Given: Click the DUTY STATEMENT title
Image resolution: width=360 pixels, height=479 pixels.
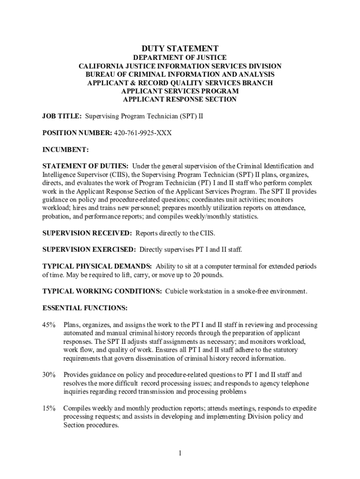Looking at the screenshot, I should (x=180, y=48).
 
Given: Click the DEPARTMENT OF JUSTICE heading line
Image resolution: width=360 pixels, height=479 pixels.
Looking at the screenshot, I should (x=180, y=58).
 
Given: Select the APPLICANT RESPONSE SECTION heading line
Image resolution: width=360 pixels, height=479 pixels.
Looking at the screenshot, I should (x=180, y=100).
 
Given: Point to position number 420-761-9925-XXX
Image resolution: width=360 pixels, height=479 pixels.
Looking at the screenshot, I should (x=143, y=133).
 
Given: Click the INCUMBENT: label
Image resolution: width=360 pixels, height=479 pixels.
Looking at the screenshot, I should (x=65, y=150).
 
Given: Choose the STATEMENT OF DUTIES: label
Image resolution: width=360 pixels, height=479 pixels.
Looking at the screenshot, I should (x=86, y=166).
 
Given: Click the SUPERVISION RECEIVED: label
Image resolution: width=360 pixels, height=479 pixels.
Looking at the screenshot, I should (x=87, y=233).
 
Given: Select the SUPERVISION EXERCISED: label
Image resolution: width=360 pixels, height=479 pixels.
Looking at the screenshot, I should (x=89, y=249).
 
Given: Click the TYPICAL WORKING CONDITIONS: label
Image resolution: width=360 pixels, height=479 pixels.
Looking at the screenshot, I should (x=102, y=291).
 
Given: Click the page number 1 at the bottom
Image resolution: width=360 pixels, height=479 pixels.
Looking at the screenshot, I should (x=180, y=453).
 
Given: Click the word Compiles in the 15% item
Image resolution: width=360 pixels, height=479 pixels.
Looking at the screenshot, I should (x=77, y=408).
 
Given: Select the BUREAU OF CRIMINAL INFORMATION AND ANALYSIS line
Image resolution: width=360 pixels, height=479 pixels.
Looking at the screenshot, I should (x=180, y=74).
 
